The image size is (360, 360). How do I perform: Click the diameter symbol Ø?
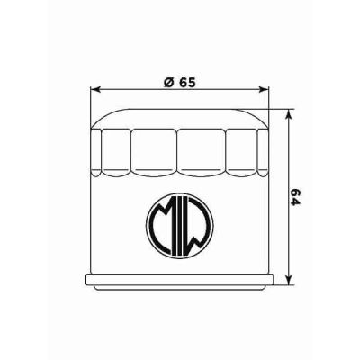[x=168, y=80]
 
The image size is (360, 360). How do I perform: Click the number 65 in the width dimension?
[x=187, y=80]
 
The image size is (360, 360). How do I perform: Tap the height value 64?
[x=295, y=195]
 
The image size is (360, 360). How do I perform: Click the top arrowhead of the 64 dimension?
[x=287, y=115]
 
